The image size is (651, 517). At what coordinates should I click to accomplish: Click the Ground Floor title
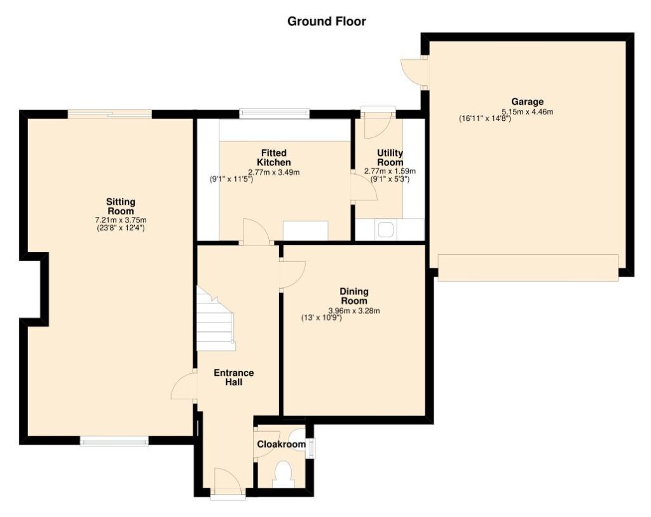click(x=326, y=21)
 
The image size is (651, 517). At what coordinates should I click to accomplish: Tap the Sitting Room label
click(x=121, y=207)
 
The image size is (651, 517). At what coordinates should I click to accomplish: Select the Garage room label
click(x=527, y=102)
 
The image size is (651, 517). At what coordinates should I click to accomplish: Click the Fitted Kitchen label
click(x=274, y=158)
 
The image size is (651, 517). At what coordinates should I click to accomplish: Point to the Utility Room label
click(x=390, y=158)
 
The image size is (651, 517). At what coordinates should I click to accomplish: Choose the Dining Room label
click(x=354, y=296)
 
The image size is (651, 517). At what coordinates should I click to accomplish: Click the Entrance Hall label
click(x=234, y=378)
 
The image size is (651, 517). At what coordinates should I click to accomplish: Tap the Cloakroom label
click(x=282, y=445)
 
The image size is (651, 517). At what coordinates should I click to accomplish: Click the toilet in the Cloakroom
click(x=284, y=474)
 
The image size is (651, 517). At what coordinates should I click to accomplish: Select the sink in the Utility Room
click(x=386, y=229)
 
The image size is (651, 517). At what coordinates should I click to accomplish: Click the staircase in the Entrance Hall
click(x=216, y=319)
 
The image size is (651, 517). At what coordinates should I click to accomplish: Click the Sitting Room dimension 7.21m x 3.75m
click(x=121, y=220)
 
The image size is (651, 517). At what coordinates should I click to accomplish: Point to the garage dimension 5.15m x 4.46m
click(x=527, y=112)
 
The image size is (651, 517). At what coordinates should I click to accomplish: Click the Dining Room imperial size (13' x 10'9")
click(x=321, y=318)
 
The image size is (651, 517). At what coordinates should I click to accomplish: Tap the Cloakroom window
click(x=311, y=448)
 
